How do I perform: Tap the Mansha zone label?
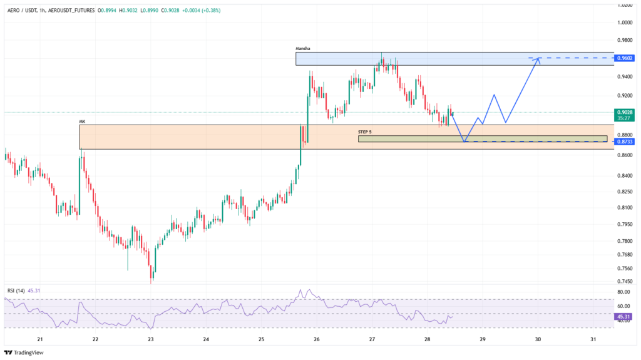tap(303, 48)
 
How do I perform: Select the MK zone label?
tap(82, 121)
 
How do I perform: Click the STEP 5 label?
tap(365, 132)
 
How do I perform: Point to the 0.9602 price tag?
tap(625, 58)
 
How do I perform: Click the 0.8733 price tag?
tap(625, 141)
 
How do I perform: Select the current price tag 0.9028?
tap(625, 113)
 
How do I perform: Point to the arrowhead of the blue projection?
tap(538, 59)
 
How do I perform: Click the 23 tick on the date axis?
tap(151, 339)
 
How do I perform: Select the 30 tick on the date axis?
tap(538, 339)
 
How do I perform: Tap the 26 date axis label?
tap(317, 339)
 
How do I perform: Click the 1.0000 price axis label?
tap(625, 22)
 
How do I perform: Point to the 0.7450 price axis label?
tap(625, 281)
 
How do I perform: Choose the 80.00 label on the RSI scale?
tap(623, 292)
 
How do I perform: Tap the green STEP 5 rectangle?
tap(482, 138)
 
